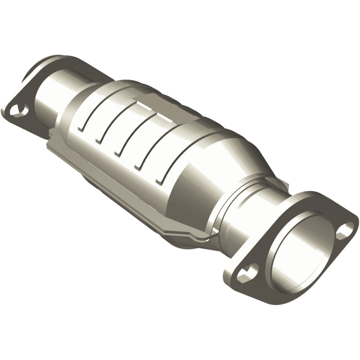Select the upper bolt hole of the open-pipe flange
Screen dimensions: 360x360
346,229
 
